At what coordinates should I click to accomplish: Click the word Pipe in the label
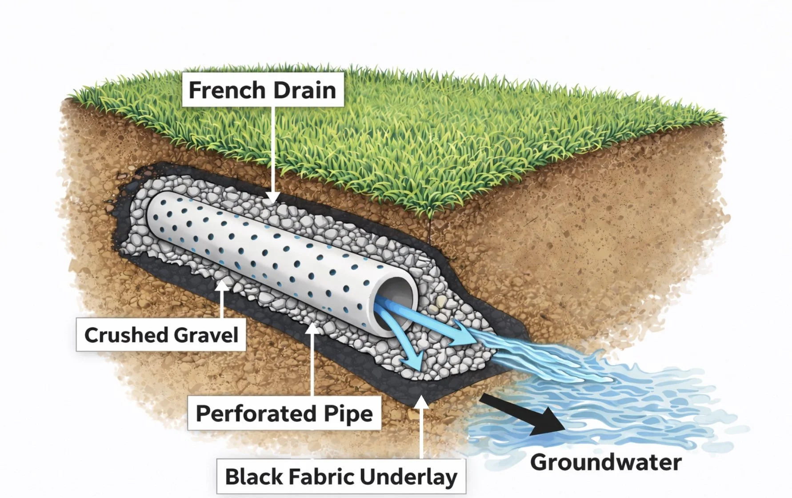click(x=348, y=414)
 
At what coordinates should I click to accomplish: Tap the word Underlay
click(x=408, y=477)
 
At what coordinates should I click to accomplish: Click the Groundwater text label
click(x=606, y=462)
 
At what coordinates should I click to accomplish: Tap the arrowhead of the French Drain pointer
click(x=273, y=198)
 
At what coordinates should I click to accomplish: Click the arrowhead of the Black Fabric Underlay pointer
click(x=421, y=402)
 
